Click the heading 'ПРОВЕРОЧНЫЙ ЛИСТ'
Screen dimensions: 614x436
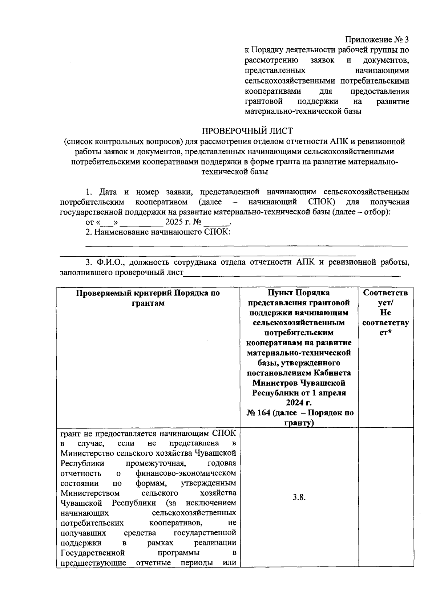point(247,131)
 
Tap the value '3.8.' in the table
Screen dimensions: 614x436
point(299,497)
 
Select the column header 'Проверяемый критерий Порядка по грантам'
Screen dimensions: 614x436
point(148,298)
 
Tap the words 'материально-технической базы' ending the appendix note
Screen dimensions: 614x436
point(303,111)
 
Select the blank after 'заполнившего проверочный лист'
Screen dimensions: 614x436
point(291,273)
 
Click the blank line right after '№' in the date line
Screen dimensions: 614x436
point(217,222)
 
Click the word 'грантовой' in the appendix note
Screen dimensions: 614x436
point(264,101)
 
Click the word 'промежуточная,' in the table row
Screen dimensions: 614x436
point(156,463)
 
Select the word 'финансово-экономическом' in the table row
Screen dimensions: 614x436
point(186,473)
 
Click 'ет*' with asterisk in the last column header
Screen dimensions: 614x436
point(385,333)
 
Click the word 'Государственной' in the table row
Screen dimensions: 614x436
point(93,553)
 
